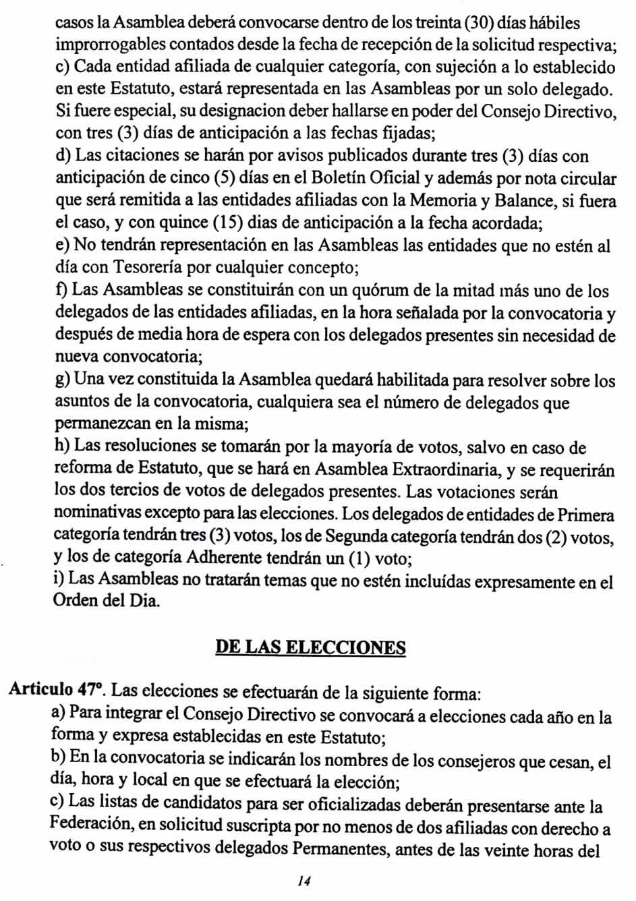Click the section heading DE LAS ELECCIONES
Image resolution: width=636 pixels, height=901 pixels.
(x=310, y=647)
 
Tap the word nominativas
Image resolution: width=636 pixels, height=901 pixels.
(x=96, y=515)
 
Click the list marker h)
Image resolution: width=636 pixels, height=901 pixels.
(x=62, y=447)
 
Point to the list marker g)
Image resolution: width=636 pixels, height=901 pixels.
(x=62, y=380)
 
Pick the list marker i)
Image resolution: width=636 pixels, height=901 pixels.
(x=59, y=579)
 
